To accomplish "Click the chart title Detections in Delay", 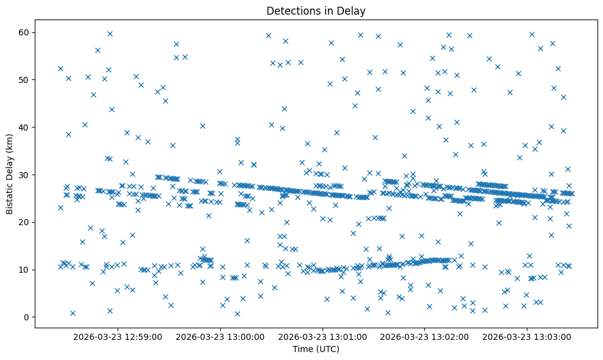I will [316, 11].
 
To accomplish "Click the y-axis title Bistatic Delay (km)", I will [10, 175].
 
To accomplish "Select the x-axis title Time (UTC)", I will [316, 349].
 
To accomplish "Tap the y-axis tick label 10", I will [24, 270].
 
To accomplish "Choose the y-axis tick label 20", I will [24, 222].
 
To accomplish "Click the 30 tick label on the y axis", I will [24, 175].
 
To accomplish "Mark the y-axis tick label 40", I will [24, 128].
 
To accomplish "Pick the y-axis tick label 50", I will [24, 80].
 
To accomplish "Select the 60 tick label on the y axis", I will [24, 32].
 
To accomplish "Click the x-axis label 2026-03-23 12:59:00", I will [117, 336].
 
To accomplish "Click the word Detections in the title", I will [291, 11].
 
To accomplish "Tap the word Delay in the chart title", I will [354, 11].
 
